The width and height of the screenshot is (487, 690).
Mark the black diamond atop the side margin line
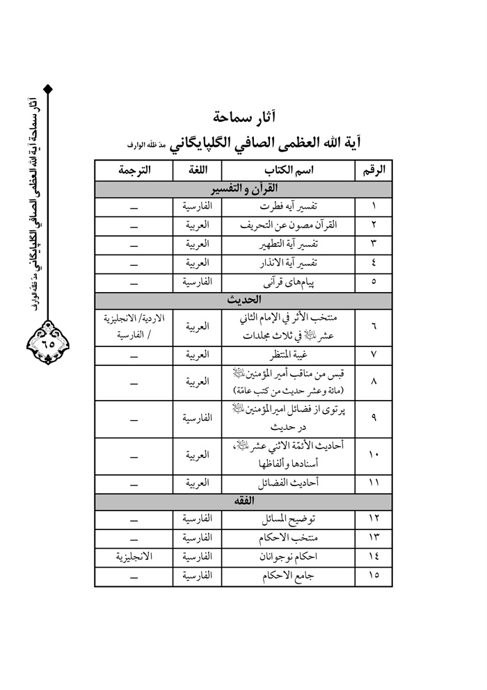pos(48,88)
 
